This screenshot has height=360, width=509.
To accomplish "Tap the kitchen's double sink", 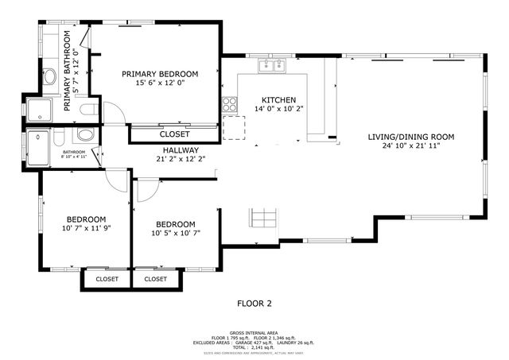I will point(274,65).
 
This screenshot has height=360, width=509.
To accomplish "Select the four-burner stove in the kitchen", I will point(229,103).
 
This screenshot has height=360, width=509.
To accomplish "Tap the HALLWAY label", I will point(181,149).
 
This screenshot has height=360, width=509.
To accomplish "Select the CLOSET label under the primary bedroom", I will point(174,134).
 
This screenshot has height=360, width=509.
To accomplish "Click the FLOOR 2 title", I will point(254,303).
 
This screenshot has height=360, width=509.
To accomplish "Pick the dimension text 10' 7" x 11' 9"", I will point(86,229).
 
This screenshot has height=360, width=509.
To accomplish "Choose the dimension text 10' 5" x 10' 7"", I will point(174,233).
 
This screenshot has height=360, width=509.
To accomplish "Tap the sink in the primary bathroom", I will point(49,77).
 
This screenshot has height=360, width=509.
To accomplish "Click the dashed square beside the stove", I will point(234,126).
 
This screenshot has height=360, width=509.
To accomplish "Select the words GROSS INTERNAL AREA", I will point(254,332).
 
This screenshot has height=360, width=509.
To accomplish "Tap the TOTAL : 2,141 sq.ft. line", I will point(254,346).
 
